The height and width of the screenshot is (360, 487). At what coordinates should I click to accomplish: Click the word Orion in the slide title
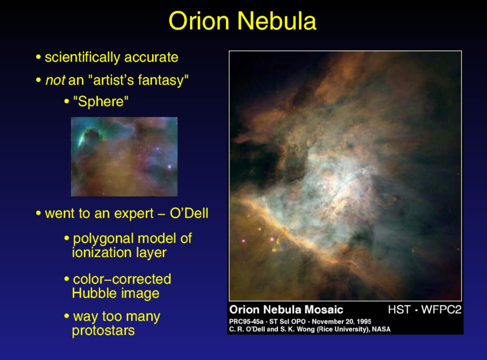pyautogui.click(x=199, y=21)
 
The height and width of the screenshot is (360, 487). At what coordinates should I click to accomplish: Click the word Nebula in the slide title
pyautogui.click(x=277, y=21)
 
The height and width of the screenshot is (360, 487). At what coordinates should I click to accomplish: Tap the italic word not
pyautogui.click(x=55, y=80)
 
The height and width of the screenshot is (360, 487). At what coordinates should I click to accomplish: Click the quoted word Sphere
pyautogui.click(x=101, y=101)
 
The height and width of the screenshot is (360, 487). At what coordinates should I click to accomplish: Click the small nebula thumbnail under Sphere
pyautogui.click(x=124, y=156)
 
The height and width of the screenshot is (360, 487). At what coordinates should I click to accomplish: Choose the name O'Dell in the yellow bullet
pyautogui.click(x=189, y=213)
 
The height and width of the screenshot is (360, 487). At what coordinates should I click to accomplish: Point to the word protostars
pyautogui.click(x=103, y=330)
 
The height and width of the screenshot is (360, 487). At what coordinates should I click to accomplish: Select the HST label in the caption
pyautogui.click(x=399, y=310)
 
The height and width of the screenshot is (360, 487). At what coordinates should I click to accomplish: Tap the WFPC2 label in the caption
pyautogui.click(x=441, y=310)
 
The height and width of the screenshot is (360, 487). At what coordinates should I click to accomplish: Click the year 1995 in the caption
pyautogui.click(x=363, y=322)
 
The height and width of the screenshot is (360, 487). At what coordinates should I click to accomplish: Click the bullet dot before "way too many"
pyautogui.click(x=67, y=316)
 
